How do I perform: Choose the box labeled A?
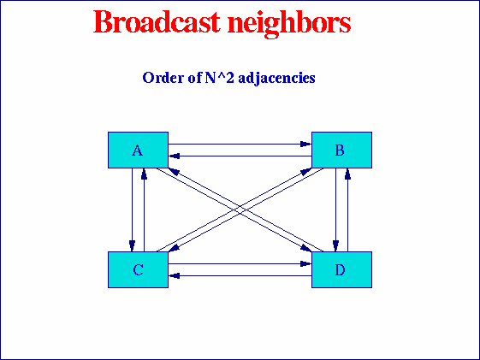(x=138, y=150)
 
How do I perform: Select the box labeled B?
(x=341, y=150)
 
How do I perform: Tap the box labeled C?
(x=138, y=270)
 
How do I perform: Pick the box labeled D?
(x=341, y=270)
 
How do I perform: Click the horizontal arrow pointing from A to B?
(x=240, y=145)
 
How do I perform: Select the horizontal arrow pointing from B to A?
(x=240, y=156)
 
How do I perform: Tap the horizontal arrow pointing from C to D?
(x=240, y=264)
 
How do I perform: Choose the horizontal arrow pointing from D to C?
(x=240, y=276)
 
